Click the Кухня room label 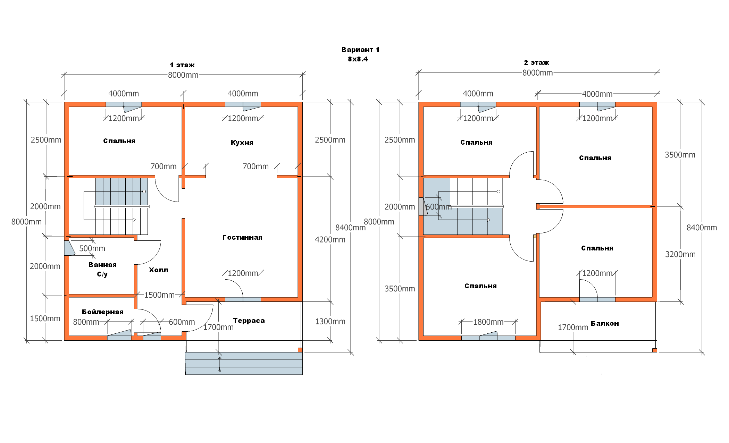[x=242, y=143]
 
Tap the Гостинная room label [x=242, y=237]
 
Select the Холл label [x=159, y=270]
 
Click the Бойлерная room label [x=103, y=312]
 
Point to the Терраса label [x=249, y=321]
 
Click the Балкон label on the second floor [x=605, y=323]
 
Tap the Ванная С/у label [x=102, y=269]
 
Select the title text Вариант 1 [x=360, y=50]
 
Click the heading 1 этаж [x=182, y=65]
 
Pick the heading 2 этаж [x=536, y=62]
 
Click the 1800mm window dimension [x=488, y=322]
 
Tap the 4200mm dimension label [x=330, y=239]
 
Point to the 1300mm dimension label [x=330, y=322]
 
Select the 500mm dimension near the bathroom [x=92, y=248]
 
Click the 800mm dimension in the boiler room [x=86, y=322]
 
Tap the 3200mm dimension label [x=680, y=254]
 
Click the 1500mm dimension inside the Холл [x=159, y=295]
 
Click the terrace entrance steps [x=244, y=363]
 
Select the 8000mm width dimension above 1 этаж [x=183, y=75]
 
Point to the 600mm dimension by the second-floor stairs [x=438, y=207]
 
